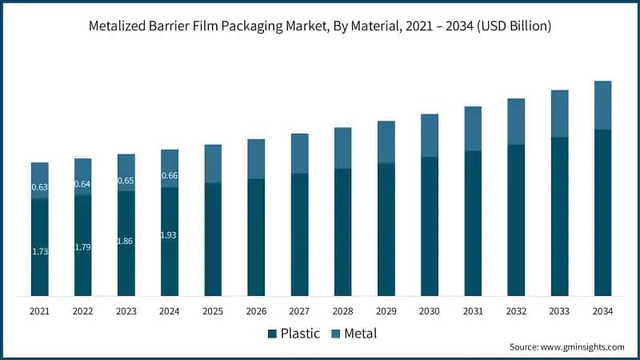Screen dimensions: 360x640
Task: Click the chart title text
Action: [x=320, y=26]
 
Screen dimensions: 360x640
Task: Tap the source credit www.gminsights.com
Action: [x=566, y=347]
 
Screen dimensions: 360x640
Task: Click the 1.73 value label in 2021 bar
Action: [x=40, y=252]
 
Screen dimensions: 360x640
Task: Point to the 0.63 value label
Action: [x=40, y=187]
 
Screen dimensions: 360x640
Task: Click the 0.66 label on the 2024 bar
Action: [x=170, y=176]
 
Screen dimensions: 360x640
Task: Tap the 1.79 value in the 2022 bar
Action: [x=83, y=247]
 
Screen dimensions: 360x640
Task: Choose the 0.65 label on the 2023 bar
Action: [x=126, y=181]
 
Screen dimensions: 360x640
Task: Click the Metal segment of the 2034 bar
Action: [x=602, y=105]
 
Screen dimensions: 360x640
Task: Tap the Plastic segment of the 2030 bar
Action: [x=430, y=226]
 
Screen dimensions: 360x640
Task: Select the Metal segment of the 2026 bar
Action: [x=256, y=158]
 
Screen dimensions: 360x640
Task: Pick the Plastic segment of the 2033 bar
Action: [x=559, y=216]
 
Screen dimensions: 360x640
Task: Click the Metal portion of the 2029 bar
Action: [x=386, y=142]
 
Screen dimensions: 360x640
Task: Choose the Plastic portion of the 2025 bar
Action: [x=213, y=239]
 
